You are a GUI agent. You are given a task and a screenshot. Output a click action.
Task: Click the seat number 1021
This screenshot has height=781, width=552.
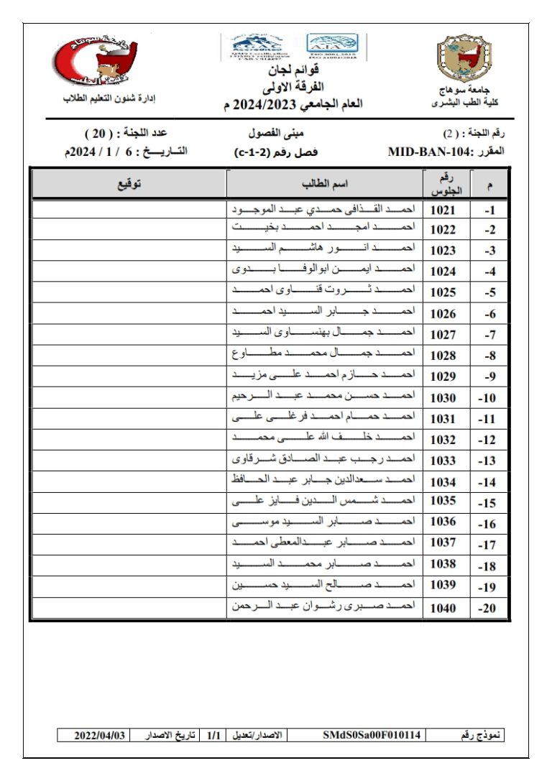(x=443, y=211)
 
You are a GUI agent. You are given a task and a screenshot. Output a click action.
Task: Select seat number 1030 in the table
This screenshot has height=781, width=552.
(x=443, y=397)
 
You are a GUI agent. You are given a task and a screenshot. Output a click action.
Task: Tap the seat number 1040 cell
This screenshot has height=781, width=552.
(x=443, y=608)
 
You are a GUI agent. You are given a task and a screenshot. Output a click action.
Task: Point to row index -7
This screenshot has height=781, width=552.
(x=489, y=336)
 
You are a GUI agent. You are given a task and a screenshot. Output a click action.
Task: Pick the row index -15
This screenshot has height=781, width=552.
(x=489, y=503)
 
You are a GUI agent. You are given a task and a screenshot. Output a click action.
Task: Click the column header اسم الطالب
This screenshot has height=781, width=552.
(x=325, y=185)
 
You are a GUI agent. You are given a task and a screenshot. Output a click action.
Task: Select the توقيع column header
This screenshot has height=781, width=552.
(x=129, y=185)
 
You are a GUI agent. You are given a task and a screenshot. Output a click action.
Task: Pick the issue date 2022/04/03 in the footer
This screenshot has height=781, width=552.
(x=101, y=735)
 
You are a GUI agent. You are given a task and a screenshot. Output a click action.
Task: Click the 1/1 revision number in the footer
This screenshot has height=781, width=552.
(x=213, y=735)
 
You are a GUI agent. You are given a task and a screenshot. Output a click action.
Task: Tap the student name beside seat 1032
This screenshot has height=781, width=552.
(x=325, y=438)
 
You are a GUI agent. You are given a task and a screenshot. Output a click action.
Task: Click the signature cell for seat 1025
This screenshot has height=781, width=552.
(x=129, y=293)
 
